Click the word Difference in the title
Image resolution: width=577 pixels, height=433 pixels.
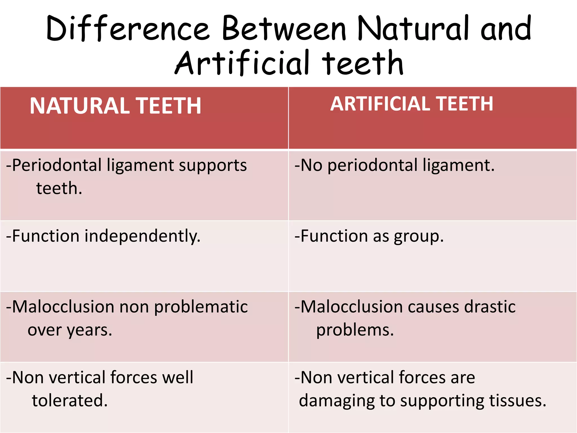pos(128,28)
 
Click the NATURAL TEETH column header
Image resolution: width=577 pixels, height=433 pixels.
pos(116,106)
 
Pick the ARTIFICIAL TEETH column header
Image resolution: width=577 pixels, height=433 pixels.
pos(412,104)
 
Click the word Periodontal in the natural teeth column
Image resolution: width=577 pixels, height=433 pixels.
pos(57,165)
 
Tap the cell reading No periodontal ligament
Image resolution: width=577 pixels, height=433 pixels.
pos(394,165)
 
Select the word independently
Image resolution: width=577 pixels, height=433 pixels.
pos(142,236)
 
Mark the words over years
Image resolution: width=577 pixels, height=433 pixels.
pos(70,330)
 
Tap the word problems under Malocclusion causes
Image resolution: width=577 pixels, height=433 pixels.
pos(355,330)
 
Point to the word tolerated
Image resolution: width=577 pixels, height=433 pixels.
pos(70,401)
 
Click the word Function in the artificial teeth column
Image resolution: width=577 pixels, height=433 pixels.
pos(334,236)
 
